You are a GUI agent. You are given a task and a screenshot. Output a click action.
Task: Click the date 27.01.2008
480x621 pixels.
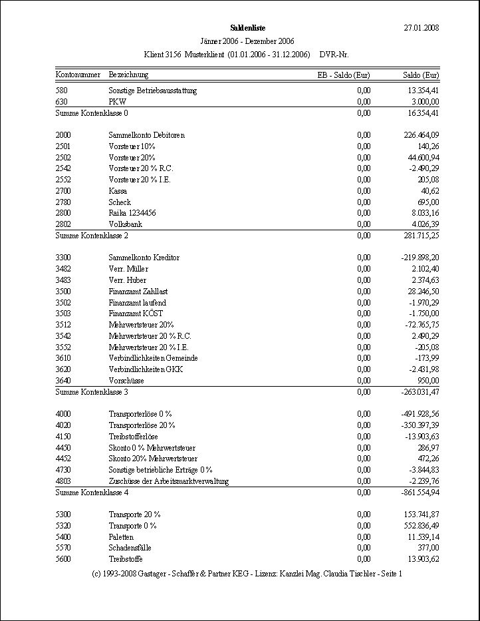[x=421, y=27]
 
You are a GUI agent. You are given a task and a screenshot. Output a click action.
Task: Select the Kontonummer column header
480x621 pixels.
[x=78, y=75]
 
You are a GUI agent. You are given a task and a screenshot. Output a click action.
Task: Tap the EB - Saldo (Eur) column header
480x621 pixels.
[x=344, y=75]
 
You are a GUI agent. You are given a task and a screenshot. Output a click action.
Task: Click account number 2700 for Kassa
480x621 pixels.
[x=64, y=191]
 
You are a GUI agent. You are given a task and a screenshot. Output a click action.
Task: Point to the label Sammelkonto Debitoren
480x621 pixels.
[x=146, y=135]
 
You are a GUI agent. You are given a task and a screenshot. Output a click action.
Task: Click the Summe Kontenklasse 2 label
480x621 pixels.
[x=92, y=236]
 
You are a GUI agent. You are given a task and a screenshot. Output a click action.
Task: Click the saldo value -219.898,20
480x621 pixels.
[x=420, y=258]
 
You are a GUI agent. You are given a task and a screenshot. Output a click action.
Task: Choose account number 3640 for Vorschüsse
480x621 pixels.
[x=64, y=381]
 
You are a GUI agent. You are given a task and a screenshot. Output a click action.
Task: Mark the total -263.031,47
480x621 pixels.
[x=420, y=392]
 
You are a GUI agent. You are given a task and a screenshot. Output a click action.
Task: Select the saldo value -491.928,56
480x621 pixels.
[x=420, y=414]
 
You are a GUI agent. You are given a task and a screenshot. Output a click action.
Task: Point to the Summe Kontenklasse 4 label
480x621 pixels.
[x=92, y=493]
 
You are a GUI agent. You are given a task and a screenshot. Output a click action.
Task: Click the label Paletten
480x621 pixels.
[x=121, y=537]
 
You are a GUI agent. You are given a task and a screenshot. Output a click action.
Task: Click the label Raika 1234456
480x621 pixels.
[x=132, y=213]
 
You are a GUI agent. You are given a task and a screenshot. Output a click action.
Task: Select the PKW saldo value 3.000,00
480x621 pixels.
[x=425, y=102]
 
